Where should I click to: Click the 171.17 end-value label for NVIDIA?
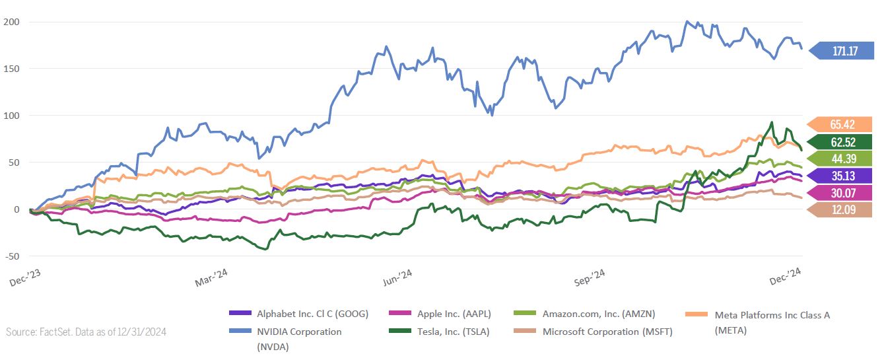click(844, 50)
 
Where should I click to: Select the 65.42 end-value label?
click(844, 125)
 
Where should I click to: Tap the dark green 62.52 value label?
click(844, 142)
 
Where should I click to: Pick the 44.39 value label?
click(844, 159)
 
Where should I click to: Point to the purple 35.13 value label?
click(844, 176)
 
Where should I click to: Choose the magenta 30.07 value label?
click(844, 193)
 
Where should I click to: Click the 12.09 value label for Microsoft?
click(844, 210)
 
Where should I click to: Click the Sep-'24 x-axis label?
click(590, 280)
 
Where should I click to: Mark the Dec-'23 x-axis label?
click(26, 280)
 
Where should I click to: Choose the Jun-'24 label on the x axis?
click(400, 280)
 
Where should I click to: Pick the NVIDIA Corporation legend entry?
click(299, 332)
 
